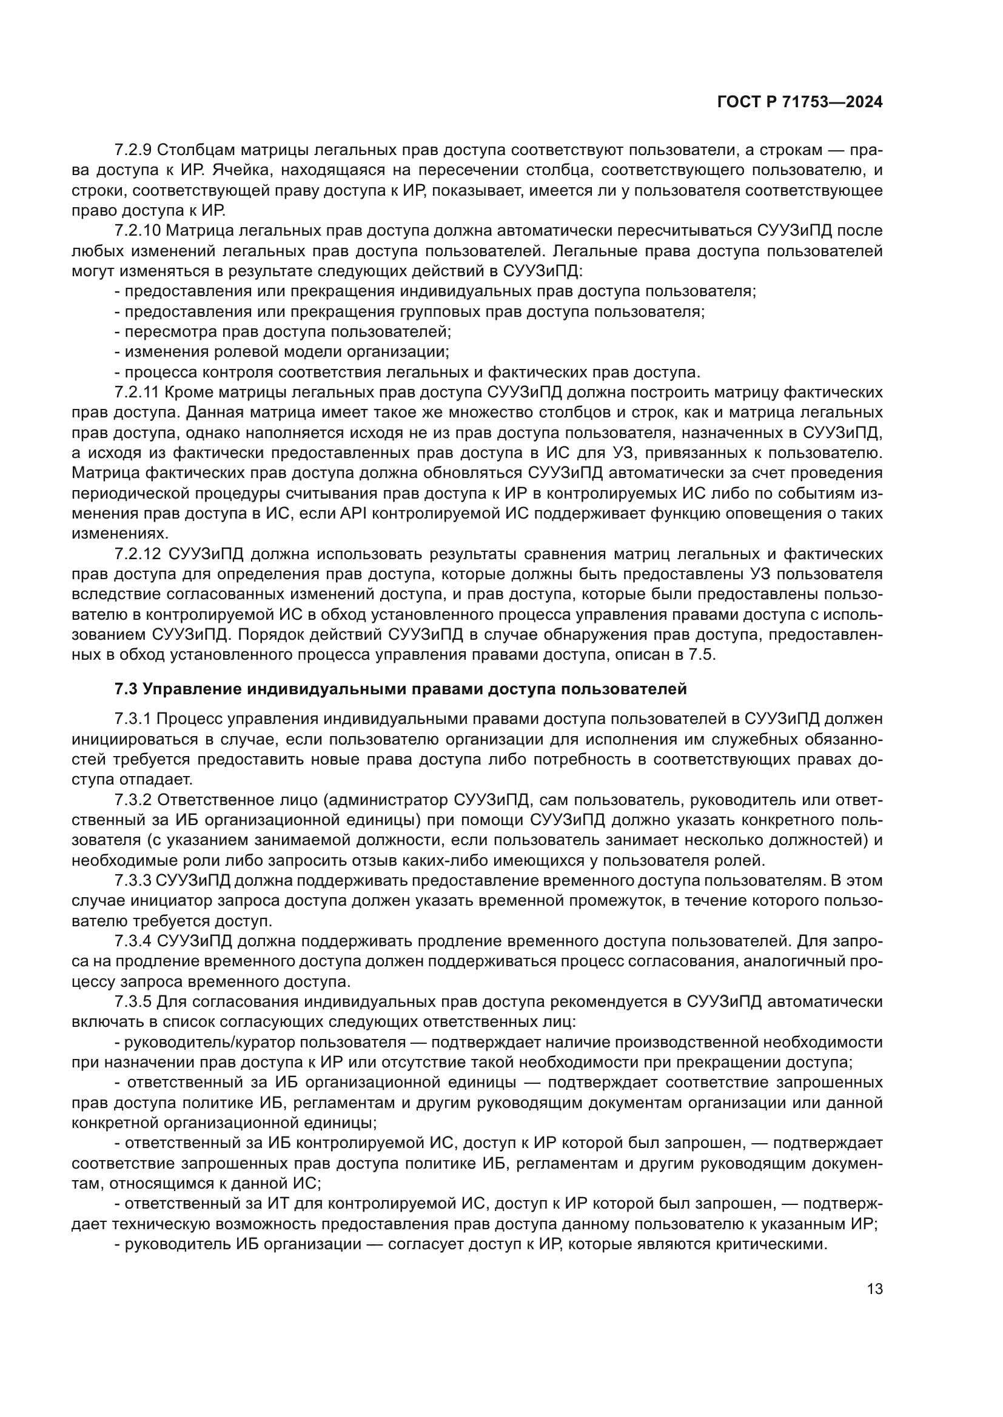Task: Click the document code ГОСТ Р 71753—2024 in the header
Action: [799, 102]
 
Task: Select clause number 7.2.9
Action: [132, 150]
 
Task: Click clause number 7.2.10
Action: [137, 231]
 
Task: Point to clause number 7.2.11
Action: [137, 393]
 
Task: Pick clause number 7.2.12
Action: [137, 554]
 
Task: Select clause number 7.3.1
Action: [132, 719]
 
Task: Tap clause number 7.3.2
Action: [132, 800]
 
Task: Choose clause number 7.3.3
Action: [132, 881]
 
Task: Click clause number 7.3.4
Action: [132, 941]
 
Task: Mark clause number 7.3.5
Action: [132, 1001]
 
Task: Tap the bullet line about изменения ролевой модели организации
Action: [281, 352]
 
